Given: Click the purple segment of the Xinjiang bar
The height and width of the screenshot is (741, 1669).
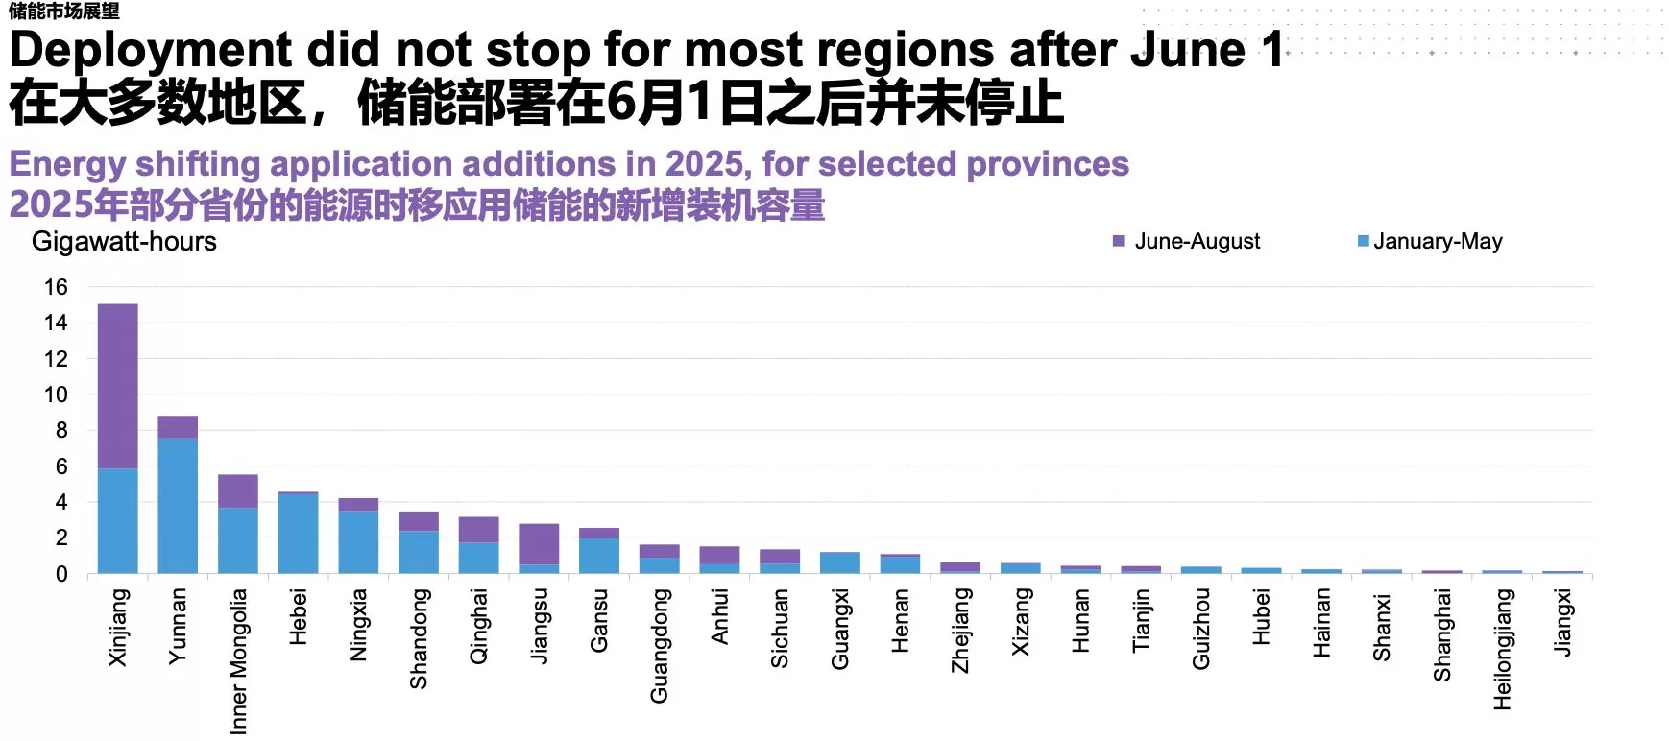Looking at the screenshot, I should click(117, 386).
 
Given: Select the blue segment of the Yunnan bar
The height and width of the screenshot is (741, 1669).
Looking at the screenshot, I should click(178, 506).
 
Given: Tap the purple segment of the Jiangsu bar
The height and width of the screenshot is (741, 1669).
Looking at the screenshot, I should click(539, 544).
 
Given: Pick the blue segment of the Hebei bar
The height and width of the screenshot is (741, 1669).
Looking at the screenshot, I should click(298, 534).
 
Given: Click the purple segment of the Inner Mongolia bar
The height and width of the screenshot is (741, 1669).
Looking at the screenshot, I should click(237, 491).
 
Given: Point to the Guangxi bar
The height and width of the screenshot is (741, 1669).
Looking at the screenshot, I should click(840, 563).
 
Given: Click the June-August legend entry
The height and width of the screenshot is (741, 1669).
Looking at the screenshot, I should click(1187, 242).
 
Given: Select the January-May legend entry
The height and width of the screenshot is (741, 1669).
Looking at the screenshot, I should click(1430, 242).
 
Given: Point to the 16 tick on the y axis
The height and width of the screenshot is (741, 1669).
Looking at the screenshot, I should click(56, 287).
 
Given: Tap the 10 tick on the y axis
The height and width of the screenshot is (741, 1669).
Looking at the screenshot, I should click(56, 394).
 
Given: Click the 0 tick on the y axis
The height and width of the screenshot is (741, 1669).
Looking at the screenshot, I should click(61, 574).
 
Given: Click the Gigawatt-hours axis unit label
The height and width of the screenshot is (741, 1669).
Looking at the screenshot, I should click(124, 242).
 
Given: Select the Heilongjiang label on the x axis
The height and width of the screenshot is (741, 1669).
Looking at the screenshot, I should click(1503, 649).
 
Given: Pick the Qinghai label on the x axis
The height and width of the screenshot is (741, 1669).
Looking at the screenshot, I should click(478, 626).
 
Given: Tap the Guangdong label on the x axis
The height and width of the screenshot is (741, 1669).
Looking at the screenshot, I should click(659, 645).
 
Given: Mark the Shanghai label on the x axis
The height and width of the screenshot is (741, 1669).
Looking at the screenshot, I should click(1442, 635).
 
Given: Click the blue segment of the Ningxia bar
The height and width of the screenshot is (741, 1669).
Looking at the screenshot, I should click(358, 542).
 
